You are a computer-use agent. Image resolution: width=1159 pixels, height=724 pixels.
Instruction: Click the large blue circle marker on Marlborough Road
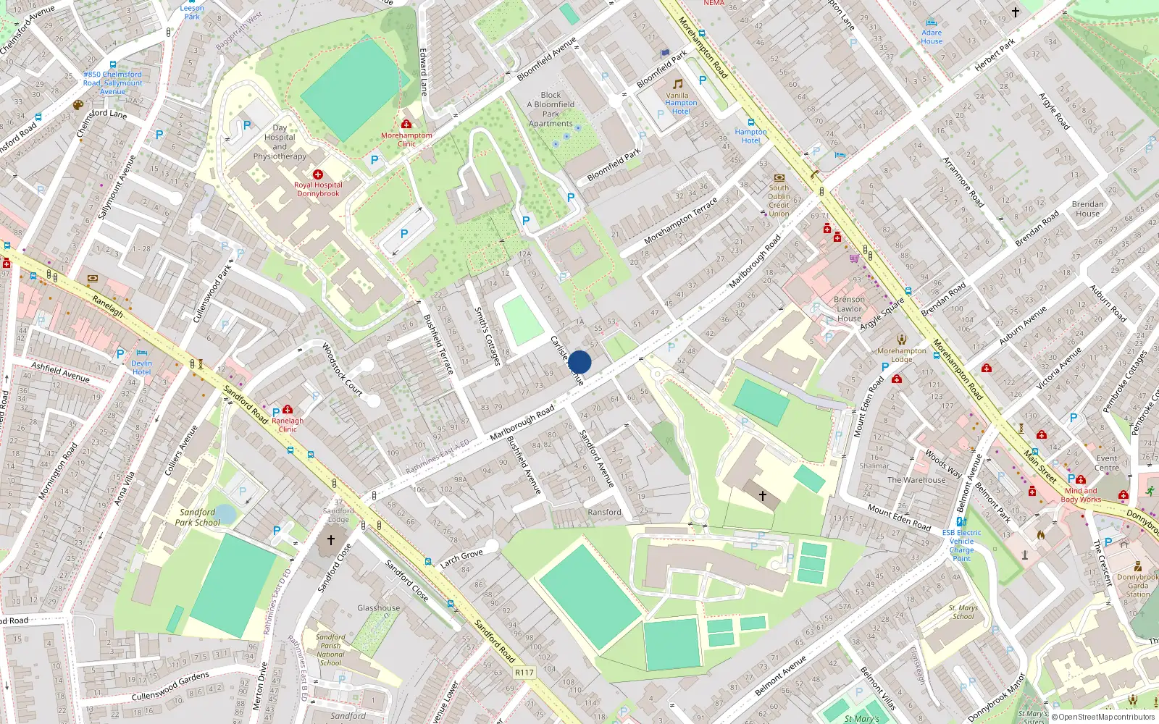(579, 362)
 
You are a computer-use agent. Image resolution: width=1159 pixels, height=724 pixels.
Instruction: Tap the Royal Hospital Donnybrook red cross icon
(318, 174)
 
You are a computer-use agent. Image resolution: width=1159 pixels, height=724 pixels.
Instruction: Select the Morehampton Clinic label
(406, 140)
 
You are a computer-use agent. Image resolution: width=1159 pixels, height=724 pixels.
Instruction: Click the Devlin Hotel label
(142, 367)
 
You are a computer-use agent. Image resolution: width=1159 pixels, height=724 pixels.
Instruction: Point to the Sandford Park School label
(197, 517)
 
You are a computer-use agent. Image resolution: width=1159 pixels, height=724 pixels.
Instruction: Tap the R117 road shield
(524, 673)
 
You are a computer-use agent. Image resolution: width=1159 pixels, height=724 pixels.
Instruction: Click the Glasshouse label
(378, 608)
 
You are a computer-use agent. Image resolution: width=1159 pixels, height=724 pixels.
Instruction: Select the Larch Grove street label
(461, 558)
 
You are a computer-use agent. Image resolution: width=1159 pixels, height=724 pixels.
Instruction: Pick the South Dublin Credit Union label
(779, 201)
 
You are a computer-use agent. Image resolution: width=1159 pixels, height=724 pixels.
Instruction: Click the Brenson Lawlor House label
(849, 308)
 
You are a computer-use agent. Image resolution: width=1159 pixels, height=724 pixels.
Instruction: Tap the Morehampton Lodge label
(902, 355)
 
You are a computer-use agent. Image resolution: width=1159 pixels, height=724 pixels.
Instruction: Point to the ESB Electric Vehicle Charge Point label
(962, 545)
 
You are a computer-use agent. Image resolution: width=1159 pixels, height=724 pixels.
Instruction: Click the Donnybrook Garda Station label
(1137, 586)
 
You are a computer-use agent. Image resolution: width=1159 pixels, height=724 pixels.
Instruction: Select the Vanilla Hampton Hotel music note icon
(678, 84)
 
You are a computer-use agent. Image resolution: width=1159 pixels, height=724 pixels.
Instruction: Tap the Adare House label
(932, 37)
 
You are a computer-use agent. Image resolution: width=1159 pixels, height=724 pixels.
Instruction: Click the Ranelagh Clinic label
(288, 425)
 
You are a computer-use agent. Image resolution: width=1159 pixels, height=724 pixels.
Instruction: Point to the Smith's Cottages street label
(488, 336)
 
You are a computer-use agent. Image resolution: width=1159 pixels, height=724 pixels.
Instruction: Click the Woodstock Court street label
(342, 369)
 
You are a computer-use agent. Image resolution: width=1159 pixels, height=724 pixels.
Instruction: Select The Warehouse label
(916, 480)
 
